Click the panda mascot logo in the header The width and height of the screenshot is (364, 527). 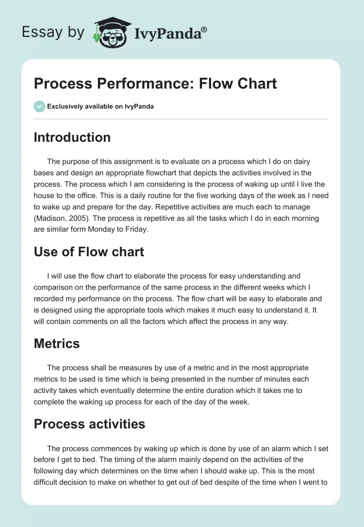click(x=112, y=33)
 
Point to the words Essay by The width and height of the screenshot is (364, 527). click(x=53, y=33)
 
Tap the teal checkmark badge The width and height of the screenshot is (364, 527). click(x=40, y=107)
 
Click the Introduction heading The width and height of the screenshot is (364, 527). click(x=72, y=138)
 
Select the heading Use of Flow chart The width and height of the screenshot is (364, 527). click(x=89, y=252)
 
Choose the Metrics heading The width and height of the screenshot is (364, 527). click(x=56, y=343)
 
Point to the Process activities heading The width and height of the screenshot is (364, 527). click(x=89, y=424)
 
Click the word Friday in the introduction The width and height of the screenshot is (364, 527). click(x=136, y=229)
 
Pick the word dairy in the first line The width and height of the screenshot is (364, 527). click(x=302, y=162)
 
